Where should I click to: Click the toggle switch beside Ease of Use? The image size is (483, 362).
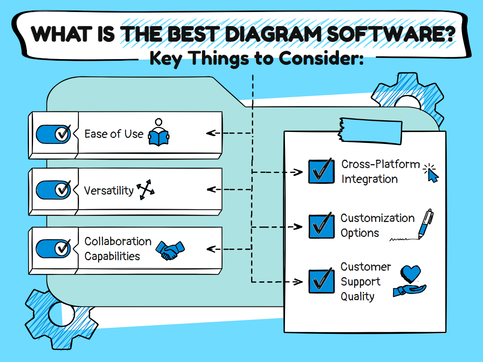click(x=54, y=134)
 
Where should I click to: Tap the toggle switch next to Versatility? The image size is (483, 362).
click(x=54, y=190)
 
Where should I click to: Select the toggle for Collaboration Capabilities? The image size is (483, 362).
click(x=54, y=249)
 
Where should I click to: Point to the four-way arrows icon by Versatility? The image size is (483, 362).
click(x=145, y=191)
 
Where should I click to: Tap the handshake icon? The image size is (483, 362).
click(x=170, y=250)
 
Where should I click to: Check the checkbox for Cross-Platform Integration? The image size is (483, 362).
click(x=321, y=171)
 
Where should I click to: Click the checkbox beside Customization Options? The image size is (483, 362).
click(x=321, y=226)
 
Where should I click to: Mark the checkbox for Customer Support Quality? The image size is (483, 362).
click(x=321, y=281)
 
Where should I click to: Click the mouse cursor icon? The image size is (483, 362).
click(x=431, y=173)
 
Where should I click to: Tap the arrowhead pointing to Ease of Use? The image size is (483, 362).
click(x=210, y=133)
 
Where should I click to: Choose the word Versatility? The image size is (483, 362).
click(x=109, y=190)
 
